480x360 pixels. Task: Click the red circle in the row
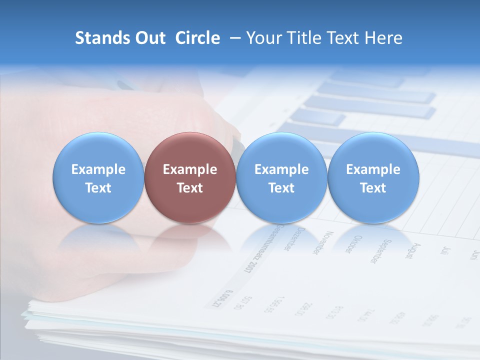(190, 177)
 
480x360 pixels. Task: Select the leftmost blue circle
(98, 177)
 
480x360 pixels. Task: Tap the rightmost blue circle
(373, 177)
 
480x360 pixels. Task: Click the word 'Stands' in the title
(103, 38)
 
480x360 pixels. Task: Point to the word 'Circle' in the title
(197, 38)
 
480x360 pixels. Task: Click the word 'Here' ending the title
(383, 38)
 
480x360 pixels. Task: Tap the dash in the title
(233, 38)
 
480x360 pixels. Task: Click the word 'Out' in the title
(150, 38)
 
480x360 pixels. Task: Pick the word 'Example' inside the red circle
(190, 169)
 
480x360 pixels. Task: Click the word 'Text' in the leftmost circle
(98, 188)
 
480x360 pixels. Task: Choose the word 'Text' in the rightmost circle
(373, 188)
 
